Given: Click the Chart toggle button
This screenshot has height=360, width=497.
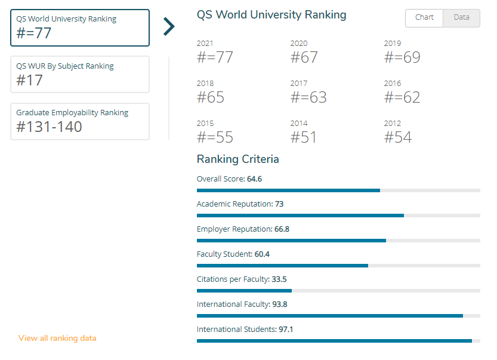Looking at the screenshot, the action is coord(424,18).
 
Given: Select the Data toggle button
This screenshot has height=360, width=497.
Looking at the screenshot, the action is coord(462,18).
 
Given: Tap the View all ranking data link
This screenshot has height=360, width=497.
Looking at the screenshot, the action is coord(57,338).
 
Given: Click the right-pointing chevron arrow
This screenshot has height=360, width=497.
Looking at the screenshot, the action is coord(169,26).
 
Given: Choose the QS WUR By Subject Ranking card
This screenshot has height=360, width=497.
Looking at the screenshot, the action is coord(80,75).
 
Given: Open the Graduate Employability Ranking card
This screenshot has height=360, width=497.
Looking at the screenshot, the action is coord(80,121).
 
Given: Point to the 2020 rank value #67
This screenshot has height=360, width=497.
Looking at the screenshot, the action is coord(304,57).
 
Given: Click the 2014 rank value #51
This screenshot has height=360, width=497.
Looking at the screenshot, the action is coord(303,137).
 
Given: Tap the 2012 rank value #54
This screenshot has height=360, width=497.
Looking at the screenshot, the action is coord(398,137).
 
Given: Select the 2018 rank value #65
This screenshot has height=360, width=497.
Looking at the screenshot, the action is coord(211,97).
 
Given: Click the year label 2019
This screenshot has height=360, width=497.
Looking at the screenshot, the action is coord(393,44).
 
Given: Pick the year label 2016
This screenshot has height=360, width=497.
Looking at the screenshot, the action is coord(393,84).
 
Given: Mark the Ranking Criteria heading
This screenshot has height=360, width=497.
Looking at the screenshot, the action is coord(237,159).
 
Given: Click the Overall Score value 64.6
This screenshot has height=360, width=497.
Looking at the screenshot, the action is coord(255,179).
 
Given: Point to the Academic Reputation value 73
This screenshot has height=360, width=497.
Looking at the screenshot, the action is coord(279,204).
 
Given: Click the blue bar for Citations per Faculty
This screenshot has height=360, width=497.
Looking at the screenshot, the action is coord(245,291).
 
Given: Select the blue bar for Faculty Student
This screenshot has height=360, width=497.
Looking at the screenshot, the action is coord(282,266).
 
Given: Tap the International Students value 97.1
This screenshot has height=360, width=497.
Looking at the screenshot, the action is coord(286,329).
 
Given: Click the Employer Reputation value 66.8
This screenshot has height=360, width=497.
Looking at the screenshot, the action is coord(282,229).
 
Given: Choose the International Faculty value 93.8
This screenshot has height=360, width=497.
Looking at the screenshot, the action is coord(280,304).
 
